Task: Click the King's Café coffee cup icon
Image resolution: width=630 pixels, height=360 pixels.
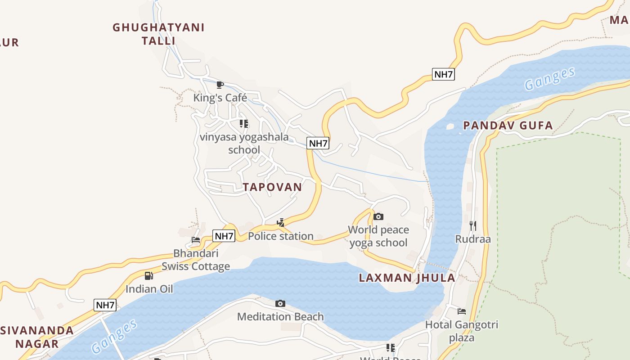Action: coord(220,85)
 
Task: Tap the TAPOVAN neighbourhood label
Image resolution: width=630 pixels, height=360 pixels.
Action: coord(272,187)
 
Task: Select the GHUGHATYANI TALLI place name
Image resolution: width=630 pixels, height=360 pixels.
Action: coord(158,34)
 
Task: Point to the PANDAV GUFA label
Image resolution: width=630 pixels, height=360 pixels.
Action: coord(508,126)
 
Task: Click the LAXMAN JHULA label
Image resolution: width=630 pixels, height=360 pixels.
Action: coord(407,278)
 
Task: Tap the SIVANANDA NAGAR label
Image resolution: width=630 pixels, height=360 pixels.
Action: coord(37,337)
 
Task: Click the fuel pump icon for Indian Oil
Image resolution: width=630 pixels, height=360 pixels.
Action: coord(149,276)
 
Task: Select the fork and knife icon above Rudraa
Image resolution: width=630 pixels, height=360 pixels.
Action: coord(472,225)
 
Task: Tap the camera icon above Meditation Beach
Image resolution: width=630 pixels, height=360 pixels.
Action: coord(280,304)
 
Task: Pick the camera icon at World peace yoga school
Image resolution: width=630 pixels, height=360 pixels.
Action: coord(378,217)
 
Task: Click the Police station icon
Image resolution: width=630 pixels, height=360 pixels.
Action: coord(280,223)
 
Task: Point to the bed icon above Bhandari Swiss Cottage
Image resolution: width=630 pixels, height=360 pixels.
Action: coord(196,240)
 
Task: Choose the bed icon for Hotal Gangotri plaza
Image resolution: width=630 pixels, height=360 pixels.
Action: coord(461,311)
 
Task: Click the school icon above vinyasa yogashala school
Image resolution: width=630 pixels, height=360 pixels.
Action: coord(243,124)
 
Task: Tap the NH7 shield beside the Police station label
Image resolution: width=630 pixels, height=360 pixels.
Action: coord(224,236)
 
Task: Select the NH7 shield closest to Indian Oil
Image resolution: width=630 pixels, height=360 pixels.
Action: coord(105,305)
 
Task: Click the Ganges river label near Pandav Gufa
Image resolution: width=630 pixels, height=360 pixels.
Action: coord(549,79)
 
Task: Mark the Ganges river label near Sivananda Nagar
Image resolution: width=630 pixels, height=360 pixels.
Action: coord(114,337)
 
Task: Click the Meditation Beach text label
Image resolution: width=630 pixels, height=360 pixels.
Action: coord(280,317)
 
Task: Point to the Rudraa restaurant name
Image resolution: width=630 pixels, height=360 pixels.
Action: coord(472,239)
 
